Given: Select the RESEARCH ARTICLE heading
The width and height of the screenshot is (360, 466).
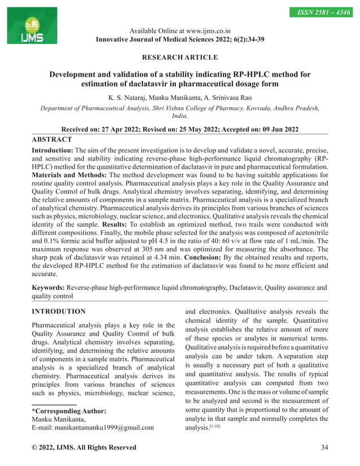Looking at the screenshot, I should pyautogui.click(x=180, y=58).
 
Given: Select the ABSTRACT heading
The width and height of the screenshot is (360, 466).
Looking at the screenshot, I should pyautogui.click(x=52, y=139).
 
